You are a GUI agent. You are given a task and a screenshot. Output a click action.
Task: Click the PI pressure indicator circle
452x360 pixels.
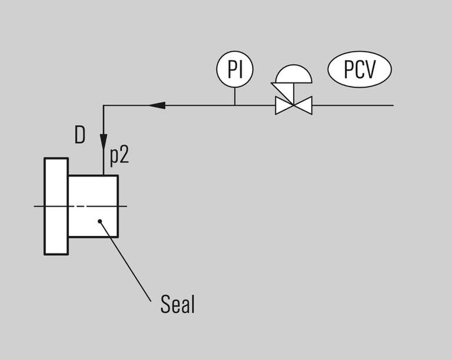pyautogui.click(x=234, y=69)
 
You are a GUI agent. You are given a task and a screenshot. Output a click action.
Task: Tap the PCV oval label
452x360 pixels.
pyautogui.click(x=359, y=70)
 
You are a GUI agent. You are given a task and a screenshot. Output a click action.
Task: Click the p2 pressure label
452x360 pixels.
pyautogui.click(x=119, y=156)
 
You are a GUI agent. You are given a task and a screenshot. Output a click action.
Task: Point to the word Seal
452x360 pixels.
pyautogui.click(x=177, y=305)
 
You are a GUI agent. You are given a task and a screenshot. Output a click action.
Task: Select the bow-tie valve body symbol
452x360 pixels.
pyautogui.click(x=294, y=106)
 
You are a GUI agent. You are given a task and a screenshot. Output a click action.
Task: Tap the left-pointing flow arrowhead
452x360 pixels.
pyautogui.click(x=156, y=106)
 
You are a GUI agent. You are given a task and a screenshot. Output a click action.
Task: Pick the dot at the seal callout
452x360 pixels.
pyautogui.click(x=101, y=222)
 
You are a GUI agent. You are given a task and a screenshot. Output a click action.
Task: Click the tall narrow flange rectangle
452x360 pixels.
pyautogui.click(x=56, y=206)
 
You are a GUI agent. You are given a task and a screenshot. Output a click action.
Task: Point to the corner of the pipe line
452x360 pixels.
pyautogui.click(x=104, y=106)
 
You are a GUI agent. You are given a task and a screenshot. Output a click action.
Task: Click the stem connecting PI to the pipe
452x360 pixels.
pyautogui.click(x=234, y=96)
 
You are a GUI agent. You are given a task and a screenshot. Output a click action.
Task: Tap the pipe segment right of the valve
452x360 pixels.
pyautogui.click(x=353, y=106)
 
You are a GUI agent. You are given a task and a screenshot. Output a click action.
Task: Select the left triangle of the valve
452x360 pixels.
pyautogui.click(x=284, y=106)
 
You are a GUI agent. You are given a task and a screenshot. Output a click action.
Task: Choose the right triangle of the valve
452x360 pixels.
pyautogui.click(x=304, y=106)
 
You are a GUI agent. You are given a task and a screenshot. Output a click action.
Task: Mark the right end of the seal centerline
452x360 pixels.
pyautogui.click(x=126, y=206)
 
